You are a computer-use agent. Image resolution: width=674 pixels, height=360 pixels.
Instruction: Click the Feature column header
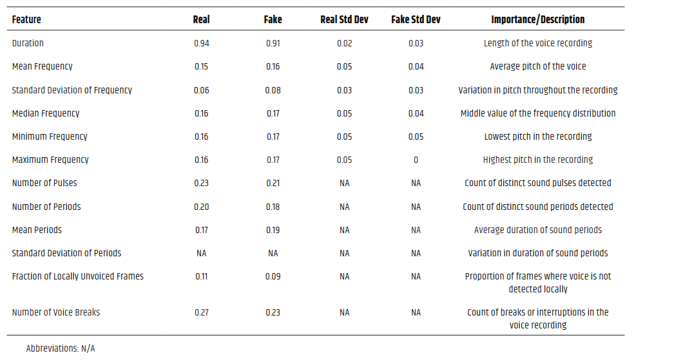pyautogui.click(x=26, y=19)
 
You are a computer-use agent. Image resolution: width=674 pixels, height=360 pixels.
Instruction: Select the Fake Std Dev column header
pyautogui.click(x=416, y=19)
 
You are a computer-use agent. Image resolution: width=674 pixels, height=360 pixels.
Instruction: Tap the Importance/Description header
pyautogui.click(x=538, y=19)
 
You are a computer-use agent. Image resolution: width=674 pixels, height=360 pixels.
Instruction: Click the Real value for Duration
pyautogui.click(x=201, y=43)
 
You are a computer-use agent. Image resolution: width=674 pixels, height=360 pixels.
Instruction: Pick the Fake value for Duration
pyautogui.click(x=273, y=43)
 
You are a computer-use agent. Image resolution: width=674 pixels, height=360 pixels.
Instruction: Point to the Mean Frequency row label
pyautogui.click(x=42, y=66)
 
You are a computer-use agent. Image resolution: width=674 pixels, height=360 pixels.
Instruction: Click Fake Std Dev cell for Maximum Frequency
pyautogui.click(x=416, y=160)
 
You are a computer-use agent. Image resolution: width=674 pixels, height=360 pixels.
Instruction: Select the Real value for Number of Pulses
pyautogui.click(x=201, y=183)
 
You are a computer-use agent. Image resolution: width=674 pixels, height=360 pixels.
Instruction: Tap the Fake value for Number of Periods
pyautogui.click(x=273, y=207)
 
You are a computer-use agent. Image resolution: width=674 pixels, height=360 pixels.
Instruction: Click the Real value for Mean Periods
pyautogui.click(x=201, y=230)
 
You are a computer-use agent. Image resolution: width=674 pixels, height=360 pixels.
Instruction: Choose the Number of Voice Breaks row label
pyautogui.click(x=56, y=312)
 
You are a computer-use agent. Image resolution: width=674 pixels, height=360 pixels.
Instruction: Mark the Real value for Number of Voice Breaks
pyautogui.click(x=201, y=312)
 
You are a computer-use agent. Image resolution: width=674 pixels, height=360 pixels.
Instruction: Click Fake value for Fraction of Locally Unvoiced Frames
pyautogui.click(x=273, y=276)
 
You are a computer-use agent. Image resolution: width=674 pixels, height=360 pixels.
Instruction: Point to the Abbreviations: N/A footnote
pyautogui.click(x=60, y=348)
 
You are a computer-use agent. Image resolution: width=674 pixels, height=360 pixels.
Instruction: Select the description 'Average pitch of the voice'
pyautogui.click(x=538, y=66)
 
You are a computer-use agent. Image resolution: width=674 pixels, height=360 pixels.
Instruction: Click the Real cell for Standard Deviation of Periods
pyautogui.click(x=201, y=253)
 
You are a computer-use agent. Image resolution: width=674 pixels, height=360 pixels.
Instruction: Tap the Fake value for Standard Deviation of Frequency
pyautogui.click(x=273, y=90)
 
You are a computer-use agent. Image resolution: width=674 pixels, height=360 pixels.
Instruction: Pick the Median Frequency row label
pyautogui.click(x=46, y=113)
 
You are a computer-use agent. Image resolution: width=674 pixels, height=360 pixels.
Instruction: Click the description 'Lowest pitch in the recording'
pyautogui.click(x=538, y=137)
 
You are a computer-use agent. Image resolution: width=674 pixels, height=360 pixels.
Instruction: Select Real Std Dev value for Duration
pyautogui.click(x=344, y=43)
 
